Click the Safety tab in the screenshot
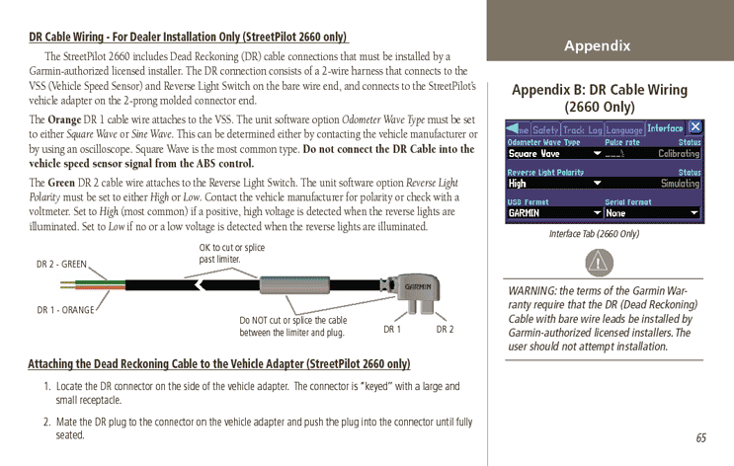click(546, 129)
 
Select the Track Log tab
click(582, 129)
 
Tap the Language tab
click(623, 129)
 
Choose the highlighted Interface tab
click(665, 128)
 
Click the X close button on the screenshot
click(695, 127)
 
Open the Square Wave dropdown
click(554, 154)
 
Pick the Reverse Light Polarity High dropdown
click(554, 184)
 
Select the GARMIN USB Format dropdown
click(554, 213)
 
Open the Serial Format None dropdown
click(653, 213)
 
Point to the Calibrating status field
click(679, 154)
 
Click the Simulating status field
click(680, 184)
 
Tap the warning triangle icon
click(599, 263)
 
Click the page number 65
click(700, 438)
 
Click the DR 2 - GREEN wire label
click(61, 264)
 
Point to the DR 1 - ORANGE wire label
click(65, 310)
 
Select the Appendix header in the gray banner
click(597, 46)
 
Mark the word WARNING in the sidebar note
click(532, 290)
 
